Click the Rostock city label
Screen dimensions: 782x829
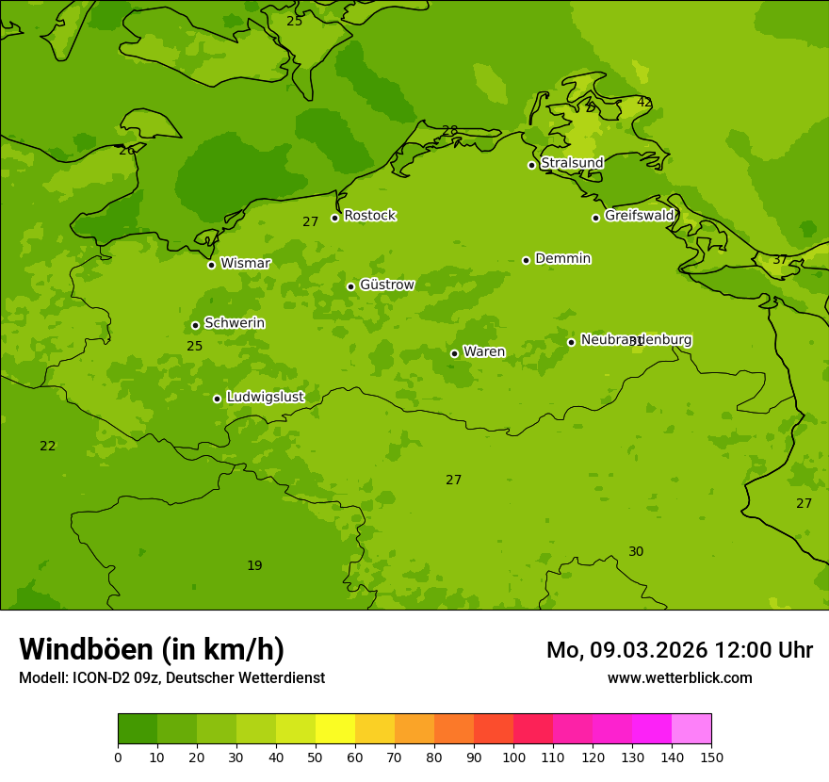369,216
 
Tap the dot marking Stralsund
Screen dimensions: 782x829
531,165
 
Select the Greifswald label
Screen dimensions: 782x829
639,216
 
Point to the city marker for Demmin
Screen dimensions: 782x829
526,260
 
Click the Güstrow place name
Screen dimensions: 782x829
386,285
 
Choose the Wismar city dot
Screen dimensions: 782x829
211,265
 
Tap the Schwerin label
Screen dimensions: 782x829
235,323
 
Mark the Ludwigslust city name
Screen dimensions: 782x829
265,398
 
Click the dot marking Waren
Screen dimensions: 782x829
454,353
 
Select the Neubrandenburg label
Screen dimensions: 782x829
636,340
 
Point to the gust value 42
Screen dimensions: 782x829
644,102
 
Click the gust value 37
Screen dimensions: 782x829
780,260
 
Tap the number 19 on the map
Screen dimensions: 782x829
254,566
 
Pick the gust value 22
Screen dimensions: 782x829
48,447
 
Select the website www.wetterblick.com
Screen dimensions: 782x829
679,678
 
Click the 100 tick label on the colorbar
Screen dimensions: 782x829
513,758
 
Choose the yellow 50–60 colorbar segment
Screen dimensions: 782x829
335,729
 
